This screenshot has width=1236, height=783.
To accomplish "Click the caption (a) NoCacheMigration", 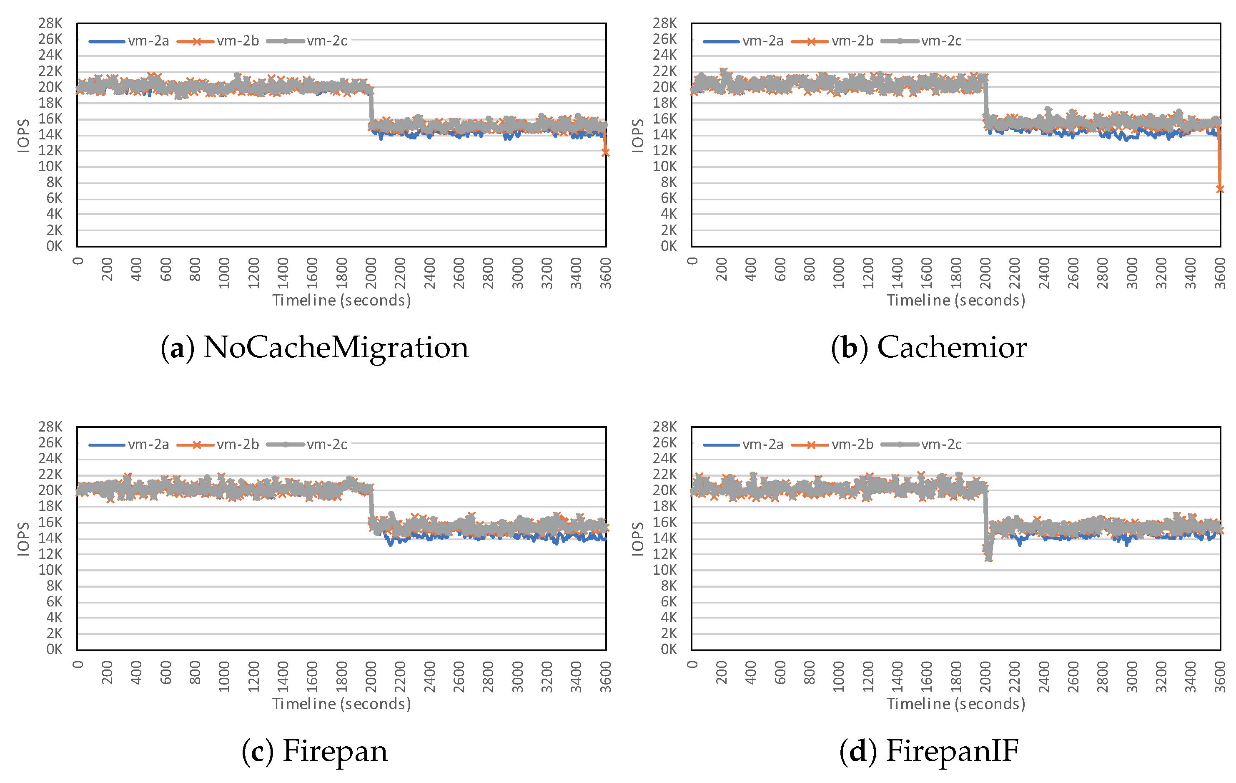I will (315, 348).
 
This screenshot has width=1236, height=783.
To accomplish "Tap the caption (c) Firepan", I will (315, 751).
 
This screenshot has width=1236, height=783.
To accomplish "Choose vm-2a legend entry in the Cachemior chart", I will (743, 41).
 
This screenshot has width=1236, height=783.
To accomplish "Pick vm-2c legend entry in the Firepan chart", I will (308, 445).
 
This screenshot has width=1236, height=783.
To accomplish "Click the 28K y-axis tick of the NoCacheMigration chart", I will (50, 23).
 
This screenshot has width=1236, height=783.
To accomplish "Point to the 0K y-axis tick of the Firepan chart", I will (55, 649).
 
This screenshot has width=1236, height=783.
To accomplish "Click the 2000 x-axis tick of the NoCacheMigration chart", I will (371, 273).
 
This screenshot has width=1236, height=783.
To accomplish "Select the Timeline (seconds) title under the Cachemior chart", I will (956, 301).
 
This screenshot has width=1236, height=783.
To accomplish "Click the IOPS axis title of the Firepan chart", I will (23, 539).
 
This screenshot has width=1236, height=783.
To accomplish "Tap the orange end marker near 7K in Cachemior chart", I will (1220, 189).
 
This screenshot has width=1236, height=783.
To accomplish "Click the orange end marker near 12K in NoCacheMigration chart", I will (606, 153).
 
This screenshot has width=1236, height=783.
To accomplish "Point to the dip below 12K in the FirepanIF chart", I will (988, 557).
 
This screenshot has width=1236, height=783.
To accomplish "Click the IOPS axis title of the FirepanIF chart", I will (637, 539).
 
